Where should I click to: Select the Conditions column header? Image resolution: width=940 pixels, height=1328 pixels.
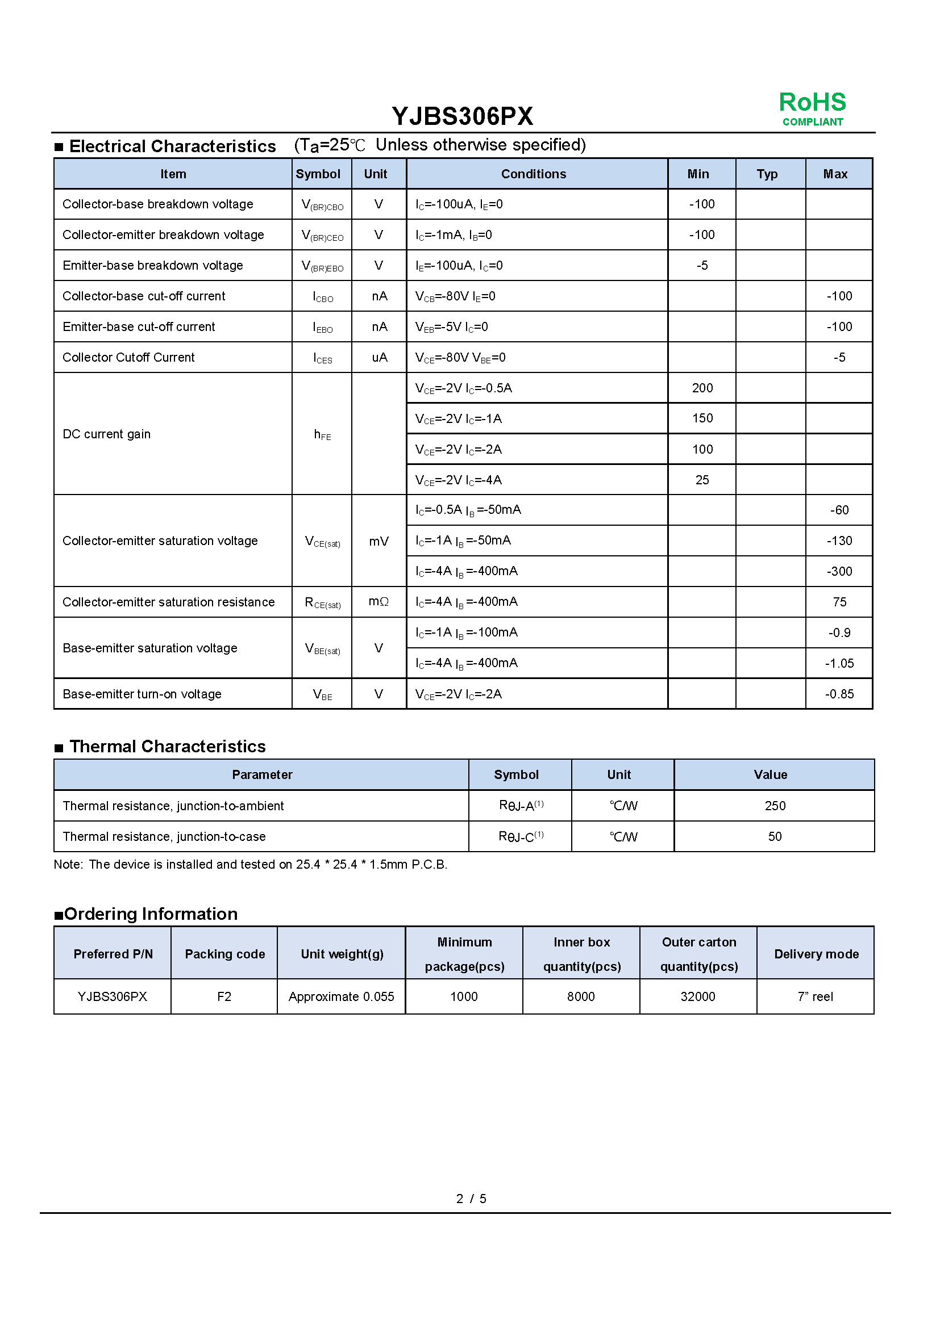[533, 174]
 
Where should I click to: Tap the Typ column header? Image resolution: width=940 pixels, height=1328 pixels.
[767, 174]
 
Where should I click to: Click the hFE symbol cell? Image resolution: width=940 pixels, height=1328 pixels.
[322, 434]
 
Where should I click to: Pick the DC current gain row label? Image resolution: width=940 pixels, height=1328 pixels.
[106, 434]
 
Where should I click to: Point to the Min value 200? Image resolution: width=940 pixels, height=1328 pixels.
[702, 388]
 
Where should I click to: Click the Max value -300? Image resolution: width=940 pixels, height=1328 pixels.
[839, 572]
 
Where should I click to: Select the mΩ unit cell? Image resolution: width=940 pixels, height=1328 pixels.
[379, 602]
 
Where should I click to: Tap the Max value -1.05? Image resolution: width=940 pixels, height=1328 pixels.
[839, 663]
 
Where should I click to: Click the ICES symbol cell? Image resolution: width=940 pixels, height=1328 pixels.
[322, 358]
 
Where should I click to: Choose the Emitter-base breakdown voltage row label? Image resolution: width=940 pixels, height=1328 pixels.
[153, 266]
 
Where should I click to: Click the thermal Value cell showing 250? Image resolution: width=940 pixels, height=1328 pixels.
[775, 806]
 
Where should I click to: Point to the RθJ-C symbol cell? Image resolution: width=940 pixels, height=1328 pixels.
[521, 836]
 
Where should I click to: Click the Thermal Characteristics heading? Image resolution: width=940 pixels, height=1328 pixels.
[167, 747]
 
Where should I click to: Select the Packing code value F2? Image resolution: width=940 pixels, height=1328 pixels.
[224, 996]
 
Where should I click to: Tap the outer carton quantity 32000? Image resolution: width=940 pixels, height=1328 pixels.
[698, 996]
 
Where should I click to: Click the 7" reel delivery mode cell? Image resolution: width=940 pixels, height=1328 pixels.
[815, 996]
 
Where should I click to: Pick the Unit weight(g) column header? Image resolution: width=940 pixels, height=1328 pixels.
[342, 954]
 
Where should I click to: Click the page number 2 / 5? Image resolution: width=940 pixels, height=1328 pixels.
[471, 1199]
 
